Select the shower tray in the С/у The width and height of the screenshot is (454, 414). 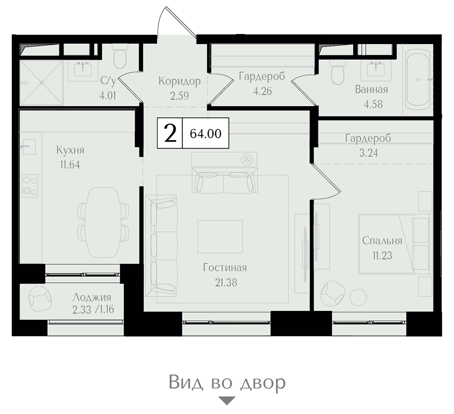point(41,82)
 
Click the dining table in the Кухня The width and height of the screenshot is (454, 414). point(104,222)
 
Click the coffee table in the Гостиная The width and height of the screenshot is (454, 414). point(220,236)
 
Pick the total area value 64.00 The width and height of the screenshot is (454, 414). point(206,134)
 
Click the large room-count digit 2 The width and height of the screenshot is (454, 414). point(170,133)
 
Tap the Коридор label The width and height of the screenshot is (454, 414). point(179,81)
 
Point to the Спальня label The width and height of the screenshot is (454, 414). point(382,241)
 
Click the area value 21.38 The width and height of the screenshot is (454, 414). point(226,282)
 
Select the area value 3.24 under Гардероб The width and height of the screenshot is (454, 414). point(369,153)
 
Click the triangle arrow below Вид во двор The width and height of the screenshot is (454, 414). point(227,401)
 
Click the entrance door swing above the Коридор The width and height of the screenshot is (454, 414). point(176,22)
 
